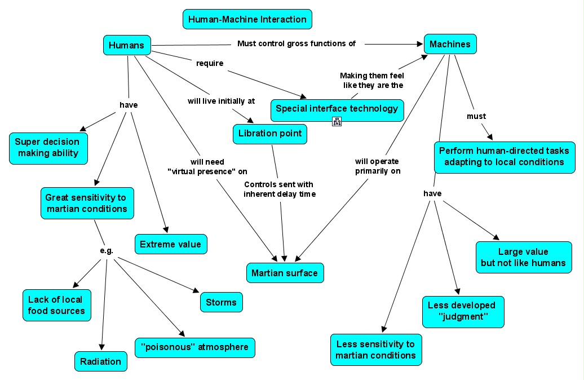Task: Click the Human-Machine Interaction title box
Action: (x=247, y=19)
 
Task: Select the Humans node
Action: (x=127, y=45)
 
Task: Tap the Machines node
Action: (x=450, y=44)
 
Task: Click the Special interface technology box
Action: (x=337, y=109)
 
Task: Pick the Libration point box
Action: (x=270, y=134)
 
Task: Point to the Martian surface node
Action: (x=285, y=273)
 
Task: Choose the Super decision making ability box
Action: (x=48, y=148)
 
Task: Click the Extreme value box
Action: (x=170, y=244)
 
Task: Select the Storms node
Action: (x=221, y=302)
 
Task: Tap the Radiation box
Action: (x=100, y=361)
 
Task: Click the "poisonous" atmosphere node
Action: (x=194, y=347)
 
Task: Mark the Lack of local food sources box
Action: (x=56, y=305)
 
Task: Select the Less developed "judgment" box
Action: (x=463, y=311)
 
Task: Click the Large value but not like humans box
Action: (x=523, y=257)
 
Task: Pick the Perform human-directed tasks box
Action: (x=504, y=156)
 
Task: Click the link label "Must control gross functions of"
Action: (x=296, y=43)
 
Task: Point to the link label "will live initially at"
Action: (x=221, y=101)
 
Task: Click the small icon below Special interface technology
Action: (x=337, y=121)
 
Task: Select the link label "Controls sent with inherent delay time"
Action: (x=279, y=189)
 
